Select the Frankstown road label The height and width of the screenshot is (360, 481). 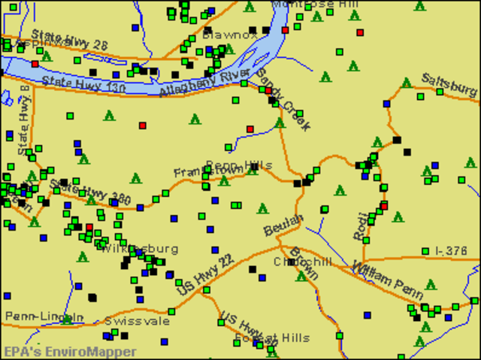203,172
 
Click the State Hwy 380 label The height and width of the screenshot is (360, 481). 90,193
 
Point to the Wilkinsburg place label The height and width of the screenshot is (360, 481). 138,249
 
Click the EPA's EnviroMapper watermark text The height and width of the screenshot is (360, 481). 69,352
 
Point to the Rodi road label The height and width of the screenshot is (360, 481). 361,225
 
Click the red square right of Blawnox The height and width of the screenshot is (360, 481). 286,31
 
